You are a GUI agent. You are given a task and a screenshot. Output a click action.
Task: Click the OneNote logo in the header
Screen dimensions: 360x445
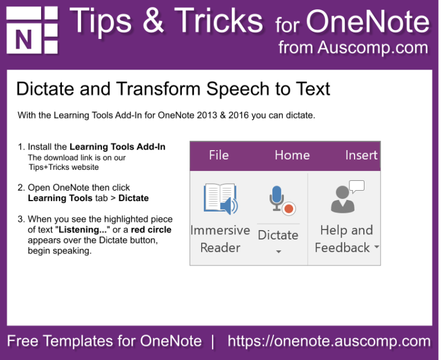pos(32,30)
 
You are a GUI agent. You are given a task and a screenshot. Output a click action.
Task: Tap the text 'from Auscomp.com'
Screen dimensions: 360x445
pos(353,47)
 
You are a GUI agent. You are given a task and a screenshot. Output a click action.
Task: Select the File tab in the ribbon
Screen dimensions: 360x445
pos(218,155)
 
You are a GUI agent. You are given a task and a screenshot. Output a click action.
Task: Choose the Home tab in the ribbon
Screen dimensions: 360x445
pos(292,155)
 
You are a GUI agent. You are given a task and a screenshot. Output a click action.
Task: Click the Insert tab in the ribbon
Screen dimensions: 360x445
pos(361,155)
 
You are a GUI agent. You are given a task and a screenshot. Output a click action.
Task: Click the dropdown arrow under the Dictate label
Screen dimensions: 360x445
pos(278,252)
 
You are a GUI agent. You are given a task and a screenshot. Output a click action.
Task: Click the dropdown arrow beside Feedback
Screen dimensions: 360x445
pos(377,247)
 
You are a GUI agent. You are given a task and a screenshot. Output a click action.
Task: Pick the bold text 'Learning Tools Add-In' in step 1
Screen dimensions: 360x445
pos(118,147)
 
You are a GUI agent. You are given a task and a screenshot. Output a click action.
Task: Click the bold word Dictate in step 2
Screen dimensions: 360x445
pos(133,198)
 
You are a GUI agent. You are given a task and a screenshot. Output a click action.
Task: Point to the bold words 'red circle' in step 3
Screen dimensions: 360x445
pos(151,230)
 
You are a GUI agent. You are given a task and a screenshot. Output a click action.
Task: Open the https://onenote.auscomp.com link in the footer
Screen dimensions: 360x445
pos(329,341)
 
